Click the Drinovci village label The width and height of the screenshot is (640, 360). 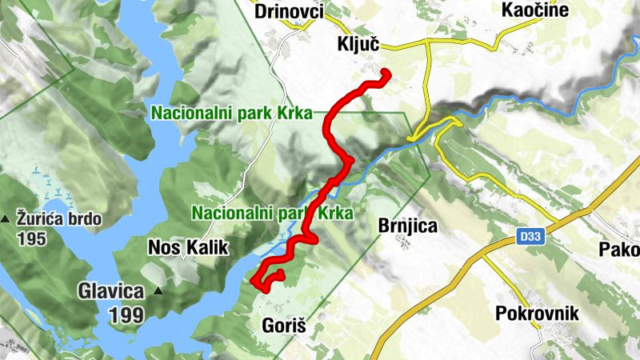[x=289, y=11]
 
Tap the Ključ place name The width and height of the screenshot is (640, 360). [x=358, y=46]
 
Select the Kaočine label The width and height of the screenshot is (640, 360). [x=534, y=10]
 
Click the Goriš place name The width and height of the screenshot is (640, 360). [x=284, y=326]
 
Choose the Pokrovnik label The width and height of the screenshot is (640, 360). [x=536, y=313]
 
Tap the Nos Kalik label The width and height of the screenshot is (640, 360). [x=188, y=247]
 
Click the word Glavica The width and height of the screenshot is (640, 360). [x=110, y=291]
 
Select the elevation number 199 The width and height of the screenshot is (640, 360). [x=126, y=315]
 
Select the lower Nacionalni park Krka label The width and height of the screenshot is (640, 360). [x=272, y=214]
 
